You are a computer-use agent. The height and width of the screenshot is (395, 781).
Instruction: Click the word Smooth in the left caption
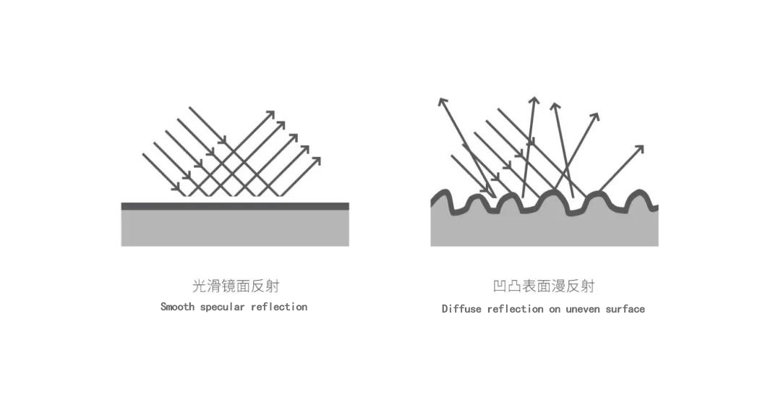point(177,307)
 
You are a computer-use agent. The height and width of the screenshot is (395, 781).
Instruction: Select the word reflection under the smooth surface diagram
point(279,307)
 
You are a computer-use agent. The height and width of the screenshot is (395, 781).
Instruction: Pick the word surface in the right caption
point(625,309)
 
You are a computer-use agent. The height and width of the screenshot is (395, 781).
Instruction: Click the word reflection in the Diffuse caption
point(516,309)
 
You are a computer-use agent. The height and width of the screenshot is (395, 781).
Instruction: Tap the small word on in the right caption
point(555,310)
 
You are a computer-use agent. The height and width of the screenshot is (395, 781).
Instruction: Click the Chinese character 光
point(200,286)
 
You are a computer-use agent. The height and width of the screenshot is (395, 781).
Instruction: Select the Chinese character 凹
point(500,286)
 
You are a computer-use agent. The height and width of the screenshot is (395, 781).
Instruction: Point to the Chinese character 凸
point(515,286)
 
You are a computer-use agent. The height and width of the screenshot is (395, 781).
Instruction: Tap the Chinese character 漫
point(559,286)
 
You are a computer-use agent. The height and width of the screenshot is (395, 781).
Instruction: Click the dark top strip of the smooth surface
point(235,206)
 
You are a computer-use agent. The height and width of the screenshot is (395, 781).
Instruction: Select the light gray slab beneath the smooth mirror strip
point(235,228)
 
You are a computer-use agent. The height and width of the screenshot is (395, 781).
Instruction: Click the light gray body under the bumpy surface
point(545,229)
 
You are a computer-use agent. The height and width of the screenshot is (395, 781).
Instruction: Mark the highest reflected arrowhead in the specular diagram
point(270,115)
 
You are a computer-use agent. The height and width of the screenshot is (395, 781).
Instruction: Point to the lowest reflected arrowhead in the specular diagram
point(316,162)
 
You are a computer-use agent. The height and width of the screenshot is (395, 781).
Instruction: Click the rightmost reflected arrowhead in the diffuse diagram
point(639,150)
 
